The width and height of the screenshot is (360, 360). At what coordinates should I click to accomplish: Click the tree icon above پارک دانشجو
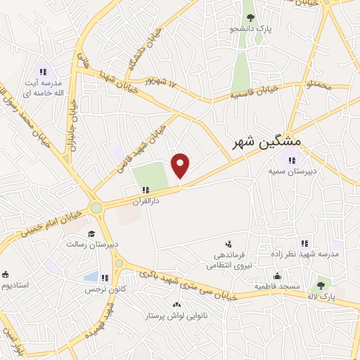click(x=249, y=18)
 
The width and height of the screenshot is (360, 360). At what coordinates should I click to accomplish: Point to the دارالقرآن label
click(x=146, y=200)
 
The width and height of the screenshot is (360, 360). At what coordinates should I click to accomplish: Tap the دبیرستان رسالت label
click(x=90, y=245)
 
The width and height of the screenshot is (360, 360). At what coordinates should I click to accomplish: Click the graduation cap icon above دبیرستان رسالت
click(x=90, y=234)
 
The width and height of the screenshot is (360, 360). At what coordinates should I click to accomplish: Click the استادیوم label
click(x=17, y=285)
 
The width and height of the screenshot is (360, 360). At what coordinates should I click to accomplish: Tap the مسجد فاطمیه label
click(x=278, y=287)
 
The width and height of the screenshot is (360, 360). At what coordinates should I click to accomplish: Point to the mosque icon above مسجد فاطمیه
click(x=278, y=276)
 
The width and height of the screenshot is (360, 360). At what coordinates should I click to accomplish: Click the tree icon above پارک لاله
click(x=321, y=285)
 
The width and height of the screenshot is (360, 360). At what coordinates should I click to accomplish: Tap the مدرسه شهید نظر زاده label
click(x=304, y=253)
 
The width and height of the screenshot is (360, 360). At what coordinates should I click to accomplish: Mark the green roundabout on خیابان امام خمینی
click(x=96, y=208)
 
